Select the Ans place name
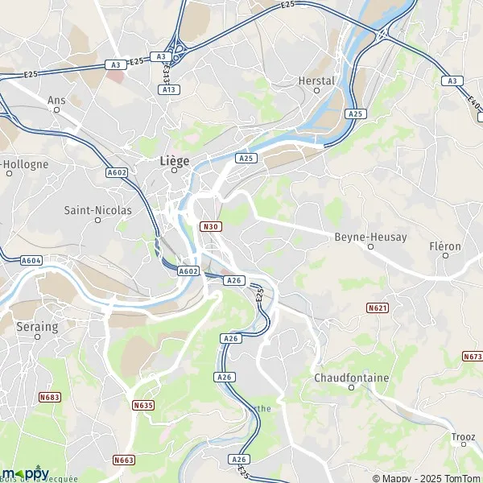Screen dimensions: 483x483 click(x=56, y=100)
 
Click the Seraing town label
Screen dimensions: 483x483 click(x=37, y=328)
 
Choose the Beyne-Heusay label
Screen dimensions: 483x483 click(x=370, y=237)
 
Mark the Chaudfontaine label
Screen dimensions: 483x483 click(x=351, y=378)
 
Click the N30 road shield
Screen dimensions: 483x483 click(x=211, y=226)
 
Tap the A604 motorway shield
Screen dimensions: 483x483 click(x=31, y=260)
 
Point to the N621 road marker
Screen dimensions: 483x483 click(x=377, y=308)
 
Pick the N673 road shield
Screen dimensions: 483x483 click(x=472, y=356)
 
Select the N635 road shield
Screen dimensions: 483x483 click(x=143, y=404)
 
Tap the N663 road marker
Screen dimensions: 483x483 click(x=123, y=460)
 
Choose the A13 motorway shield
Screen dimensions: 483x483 click(x=170, y=89)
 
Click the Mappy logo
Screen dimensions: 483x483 click(x=25, y=473)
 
